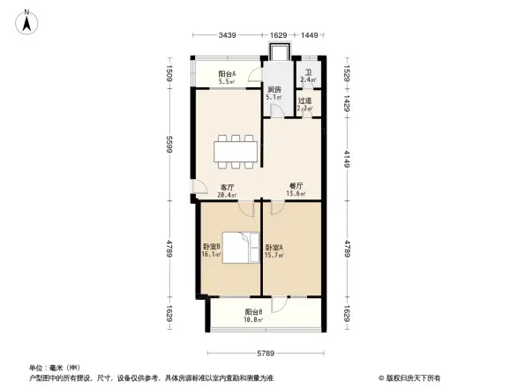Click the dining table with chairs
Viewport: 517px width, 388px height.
pyautogui.click(x=236, y=149)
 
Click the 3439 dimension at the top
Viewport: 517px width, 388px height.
pyautogui.click(x=227, y=35)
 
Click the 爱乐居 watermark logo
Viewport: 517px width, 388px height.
pyautogui.click(x=414, y=377)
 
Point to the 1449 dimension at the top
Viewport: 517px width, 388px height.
pyautogui.click(x=309, y=35)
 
